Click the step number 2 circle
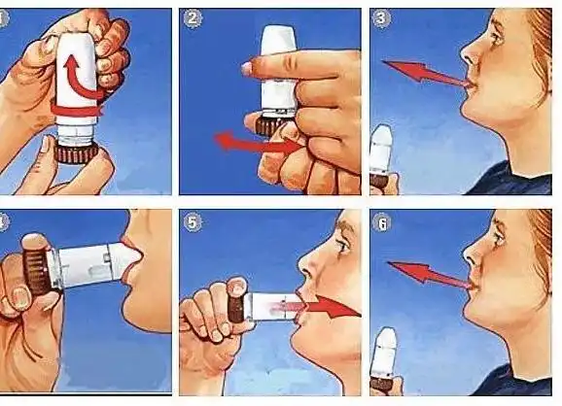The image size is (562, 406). [x=193, y=19]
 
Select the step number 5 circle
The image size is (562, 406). [x=193, y=222]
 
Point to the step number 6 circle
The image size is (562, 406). [x=382, y=222]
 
